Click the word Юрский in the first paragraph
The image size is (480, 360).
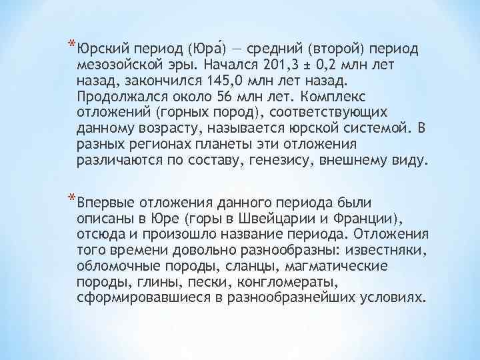103,49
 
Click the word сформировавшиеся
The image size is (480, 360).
139,299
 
